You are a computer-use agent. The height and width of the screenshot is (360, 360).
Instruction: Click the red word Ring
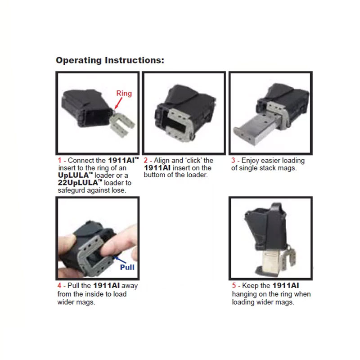tap(124, 94)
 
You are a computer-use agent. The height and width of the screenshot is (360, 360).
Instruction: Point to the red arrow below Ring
tap(118, 103)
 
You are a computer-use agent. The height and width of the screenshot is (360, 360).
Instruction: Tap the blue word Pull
tap(127, 267)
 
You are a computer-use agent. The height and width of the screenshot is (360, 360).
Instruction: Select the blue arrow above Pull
tap(120, 260)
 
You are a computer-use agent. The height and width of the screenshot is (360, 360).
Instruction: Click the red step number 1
tap(59, 160)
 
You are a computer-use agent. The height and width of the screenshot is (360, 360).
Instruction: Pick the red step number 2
tap(145, 160)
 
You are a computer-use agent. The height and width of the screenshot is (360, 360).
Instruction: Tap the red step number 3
tap(233, 160)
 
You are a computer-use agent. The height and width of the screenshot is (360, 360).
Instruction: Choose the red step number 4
tap(59, 286)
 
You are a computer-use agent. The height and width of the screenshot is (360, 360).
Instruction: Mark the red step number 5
tap(234, 286)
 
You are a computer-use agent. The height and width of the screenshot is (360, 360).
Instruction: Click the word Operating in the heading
tap(79, 61)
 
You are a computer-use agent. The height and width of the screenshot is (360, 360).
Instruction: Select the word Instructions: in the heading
tap(135, 60)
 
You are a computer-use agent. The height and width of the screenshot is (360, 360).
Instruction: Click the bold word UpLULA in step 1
tap(73, 175)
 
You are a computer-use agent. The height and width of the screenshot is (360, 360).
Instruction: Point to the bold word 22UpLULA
tap(78, 183)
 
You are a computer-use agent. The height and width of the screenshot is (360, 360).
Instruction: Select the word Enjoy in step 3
tap(250, 161)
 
